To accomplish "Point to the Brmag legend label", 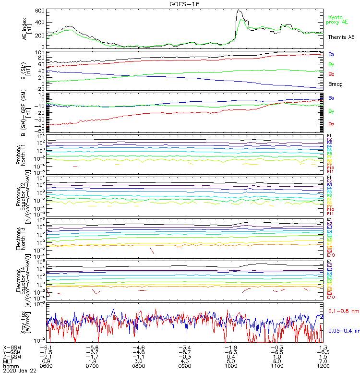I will coord(335,84).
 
